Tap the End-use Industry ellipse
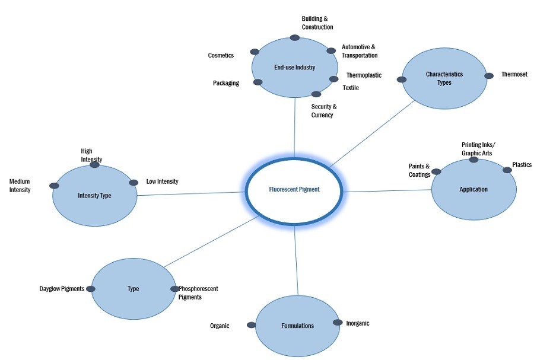pos(294,68)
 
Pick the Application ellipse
pos(473,190)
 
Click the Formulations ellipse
pos(297,326)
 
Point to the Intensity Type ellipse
pos(94,195)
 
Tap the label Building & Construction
pos(317,23)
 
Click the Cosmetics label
pos(221,55)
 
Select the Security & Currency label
pos(323,111)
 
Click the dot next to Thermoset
pos(488,75)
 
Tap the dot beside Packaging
pos(258,82)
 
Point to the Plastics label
pos(522,165)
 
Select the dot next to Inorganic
pos(337,323)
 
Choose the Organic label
pos(220,326)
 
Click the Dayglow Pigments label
pos(62,289)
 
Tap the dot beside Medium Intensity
pos(54,186)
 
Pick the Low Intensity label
pos(162,181)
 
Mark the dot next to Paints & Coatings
pos(436,172)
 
